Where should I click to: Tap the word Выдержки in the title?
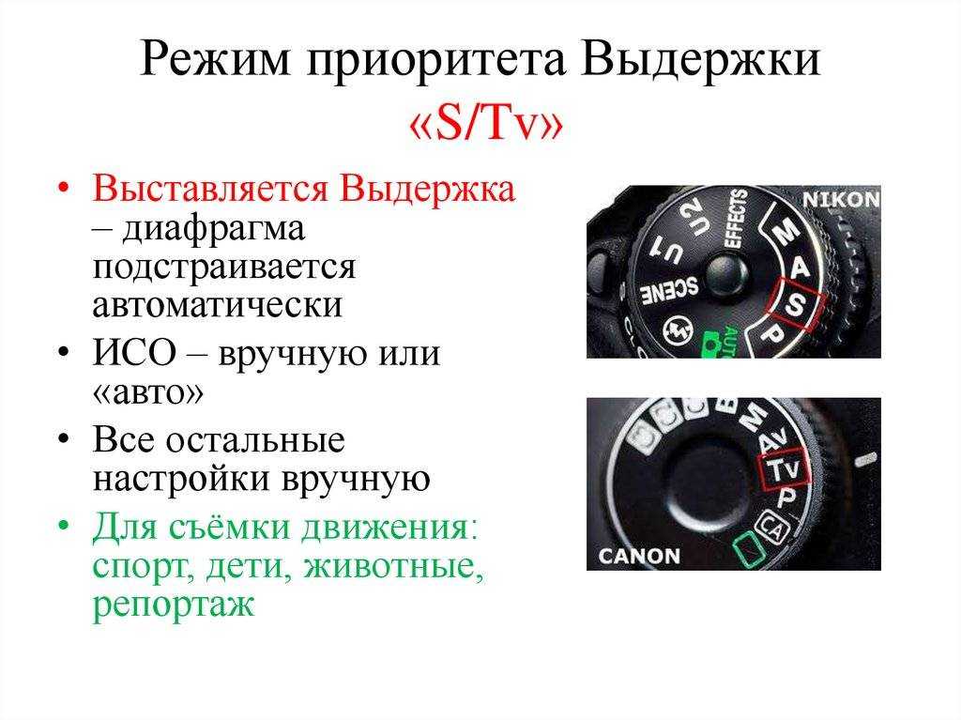[x=700, y=61]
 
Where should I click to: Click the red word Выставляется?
[x=210, y=190]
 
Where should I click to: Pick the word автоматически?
[x=218, y=304]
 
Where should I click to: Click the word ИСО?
[x=135, y=353]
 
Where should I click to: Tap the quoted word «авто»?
[x=147, y=393]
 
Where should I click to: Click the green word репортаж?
[x=173, y=605]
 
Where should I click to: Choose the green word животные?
[x=393, y=565]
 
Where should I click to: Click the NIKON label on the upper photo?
[x=841, y=199]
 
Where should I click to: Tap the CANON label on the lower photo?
[x=639, y=556]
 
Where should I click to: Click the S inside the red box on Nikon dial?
[x=796, y=303]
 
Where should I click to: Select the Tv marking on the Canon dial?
[x=784, y=469]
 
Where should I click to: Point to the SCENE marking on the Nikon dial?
[x=669, y=289]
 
